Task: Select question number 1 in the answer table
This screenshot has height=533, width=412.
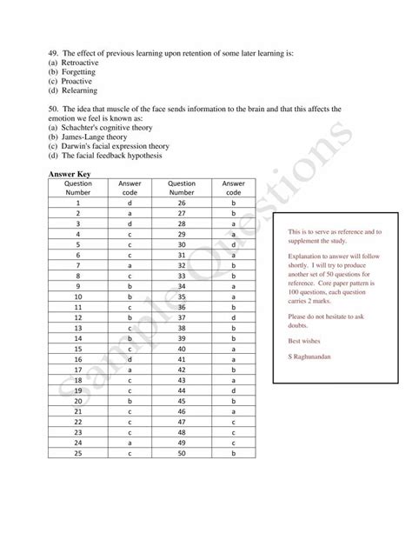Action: click(x=77, y=202)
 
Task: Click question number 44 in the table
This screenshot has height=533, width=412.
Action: click(x=182, y=390)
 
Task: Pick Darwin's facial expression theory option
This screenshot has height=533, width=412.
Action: click(x=109, y=147)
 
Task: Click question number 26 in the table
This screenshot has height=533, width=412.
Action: click(x=182, y=202)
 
